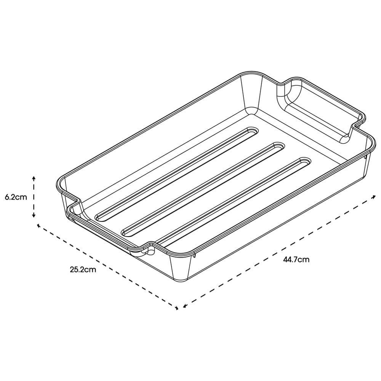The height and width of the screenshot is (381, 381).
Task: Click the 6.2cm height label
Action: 16,197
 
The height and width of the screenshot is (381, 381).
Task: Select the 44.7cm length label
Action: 296,260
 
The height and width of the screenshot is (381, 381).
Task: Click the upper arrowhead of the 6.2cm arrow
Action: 34,178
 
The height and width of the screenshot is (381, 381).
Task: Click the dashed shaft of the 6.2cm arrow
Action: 34,197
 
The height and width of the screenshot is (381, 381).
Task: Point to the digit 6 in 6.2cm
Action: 7,197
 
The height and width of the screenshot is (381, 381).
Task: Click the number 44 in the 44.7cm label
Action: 288,260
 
